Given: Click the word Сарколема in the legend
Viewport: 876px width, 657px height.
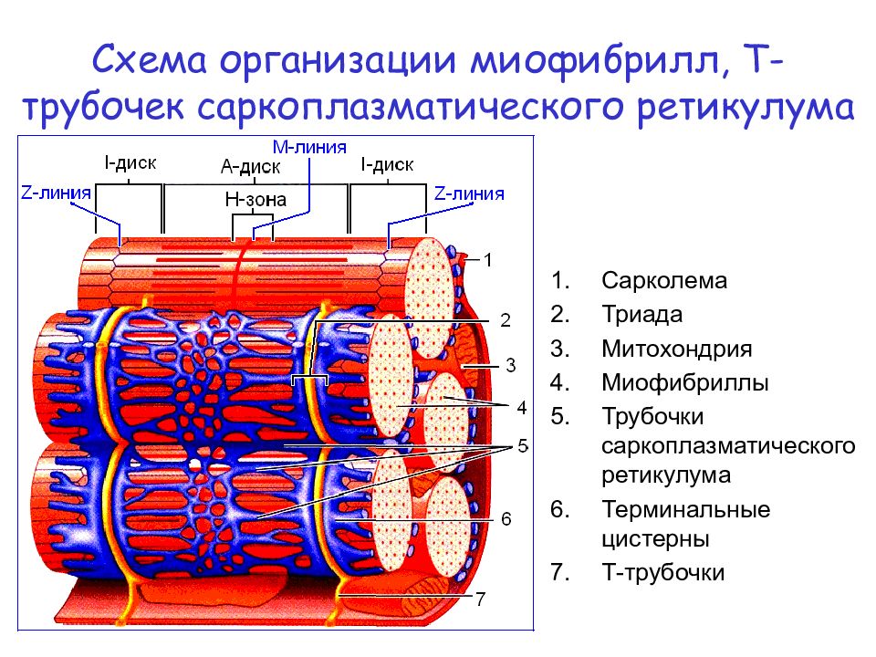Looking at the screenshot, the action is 663,280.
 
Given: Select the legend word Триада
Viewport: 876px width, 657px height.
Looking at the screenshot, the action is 641,315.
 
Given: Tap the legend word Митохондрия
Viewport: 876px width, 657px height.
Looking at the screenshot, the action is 676,349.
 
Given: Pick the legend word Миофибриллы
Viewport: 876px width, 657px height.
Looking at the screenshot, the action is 685,383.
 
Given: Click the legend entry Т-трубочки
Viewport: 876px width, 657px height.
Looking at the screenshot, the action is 663,573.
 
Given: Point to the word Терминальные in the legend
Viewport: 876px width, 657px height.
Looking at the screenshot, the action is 685,509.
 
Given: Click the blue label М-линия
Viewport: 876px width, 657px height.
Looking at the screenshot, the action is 309,147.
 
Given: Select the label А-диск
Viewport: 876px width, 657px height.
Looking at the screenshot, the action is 250,166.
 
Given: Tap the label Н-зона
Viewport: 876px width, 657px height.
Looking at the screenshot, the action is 255,200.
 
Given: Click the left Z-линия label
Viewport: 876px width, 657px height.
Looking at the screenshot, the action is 56,193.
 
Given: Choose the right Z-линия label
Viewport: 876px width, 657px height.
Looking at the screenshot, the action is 469,193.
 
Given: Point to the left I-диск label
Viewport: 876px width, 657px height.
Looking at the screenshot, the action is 130,163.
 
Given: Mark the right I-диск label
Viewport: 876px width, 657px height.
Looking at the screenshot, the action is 387,165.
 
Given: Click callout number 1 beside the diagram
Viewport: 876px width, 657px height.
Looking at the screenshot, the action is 487,260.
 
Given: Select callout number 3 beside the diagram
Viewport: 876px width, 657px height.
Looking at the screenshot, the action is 511,366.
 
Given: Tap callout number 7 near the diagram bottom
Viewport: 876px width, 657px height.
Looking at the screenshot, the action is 481,600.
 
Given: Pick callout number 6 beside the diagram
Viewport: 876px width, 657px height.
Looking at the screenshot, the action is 506,519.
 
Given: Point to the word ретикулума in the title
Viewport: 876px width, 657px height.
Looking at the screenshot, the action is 746,108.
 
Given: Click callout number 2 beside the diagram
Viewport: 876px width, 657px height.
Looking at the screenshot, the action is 505,320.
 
